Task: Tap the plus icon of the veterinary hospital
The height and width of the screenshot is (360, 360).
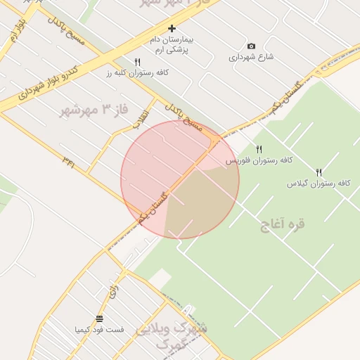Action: tap(172, 29)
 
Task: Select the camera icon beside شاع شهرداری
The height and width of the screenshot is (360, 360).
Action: tap(252, 46)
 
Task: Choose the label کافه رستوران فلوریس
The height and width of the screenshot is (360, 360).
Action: tap(259, 160)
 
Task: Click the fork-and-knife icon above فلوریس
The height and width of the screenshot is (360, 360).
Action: tap(259, 149)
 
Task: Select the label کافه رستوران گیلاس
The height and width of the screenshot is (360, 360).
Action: tap(318, 183)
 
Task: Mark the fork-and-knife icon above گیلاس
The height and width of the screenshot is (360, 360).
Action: tap(319, 172)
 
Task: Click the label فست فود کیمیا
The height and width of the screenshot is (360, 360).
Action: tap(99, 329)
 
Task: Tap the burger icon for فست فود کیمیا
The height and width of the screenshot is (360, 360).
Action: tap(99, 318)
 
